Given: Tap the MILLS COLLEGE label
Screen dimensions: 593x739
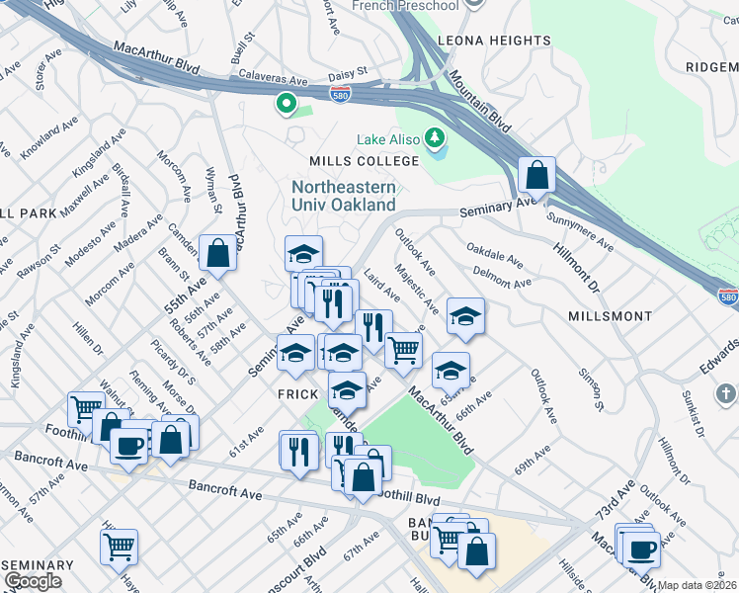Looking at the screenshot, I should [364, 161].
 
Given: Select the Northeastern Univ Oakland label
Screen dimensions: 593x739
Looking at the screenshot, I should [344, 196].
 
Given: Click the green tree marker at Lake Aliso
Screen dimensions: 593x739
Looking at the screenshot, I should [433, 135].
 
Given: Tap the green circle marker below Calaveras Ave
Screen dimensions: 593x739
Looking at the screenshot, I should [286, 102].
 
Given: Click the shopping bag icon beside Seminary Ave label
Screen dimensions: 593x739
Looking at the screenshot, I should [536, 176].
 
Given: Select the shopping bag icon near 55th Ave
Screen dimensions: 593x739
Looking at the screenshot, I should [217, 254].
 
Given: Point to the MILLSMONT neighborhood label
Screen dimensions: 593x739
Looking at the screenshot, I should [611, 316].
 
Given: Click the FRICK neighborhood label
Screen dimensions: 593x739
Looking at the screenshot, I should [287, 391].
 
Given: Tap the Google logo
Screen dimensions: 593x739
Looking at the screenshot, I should [33, 581].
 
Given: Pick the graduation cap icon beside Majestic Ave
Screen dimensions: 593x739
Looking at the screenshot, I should [464, 317].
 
